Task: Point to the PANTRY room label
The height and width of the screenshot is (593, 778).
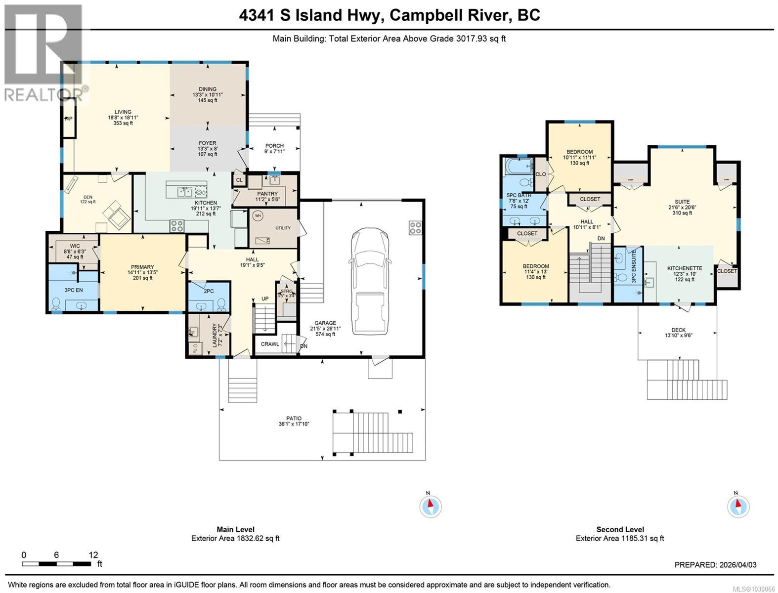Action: pos(266,194)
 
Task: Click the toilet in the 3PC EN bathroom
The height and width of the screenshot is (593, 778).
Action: pos(57,302)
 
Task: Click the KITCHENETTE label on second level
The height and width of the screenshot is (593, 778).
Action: pos(685,268)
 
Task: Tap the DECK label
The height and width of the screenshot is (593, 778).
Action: pos(678,330)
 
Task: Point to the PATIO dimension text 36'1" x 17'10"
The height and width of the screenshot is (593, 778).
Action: pos(294,424)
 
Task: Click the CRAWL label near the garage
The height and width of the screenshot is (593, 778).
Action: pos(270,344)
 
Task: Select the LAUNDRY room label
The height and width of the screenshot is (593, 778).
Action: pos(215,335)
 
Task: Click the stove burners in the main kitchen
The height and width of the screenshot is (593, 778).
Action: pos(177,226)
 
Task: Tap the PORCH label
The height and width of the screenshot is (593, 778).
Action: pos(274,146)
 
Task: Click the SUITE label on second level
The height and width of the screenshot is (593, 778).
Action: pos(682,202)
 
